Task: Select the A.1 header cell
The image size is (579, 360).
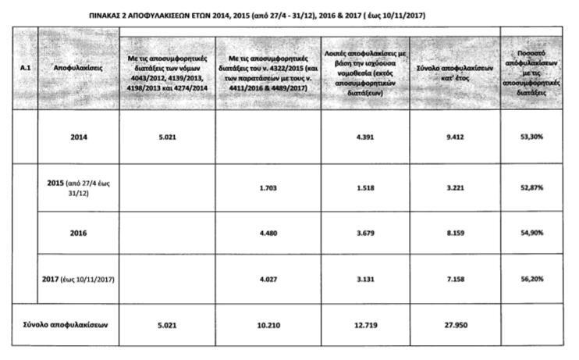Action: [24, 69]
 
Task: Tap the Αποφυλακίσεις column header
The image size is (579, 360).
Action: [78, 69]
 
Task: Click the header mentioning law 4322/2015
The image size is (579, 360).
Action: [265, 69]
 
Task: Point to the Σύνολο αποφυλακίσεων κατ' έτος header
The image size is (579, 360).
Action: [453, 69]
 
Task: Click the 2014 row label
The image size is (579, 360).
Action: [79, 137]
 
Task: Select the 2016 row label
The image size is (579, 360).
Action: [79, 232]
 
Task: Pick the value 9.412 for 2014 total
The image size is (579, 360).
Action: [454, 137]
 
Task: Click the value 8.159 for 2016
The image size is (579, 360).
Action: [454, 232]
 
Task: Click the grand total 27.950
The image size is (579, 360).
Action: [454, 323]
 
